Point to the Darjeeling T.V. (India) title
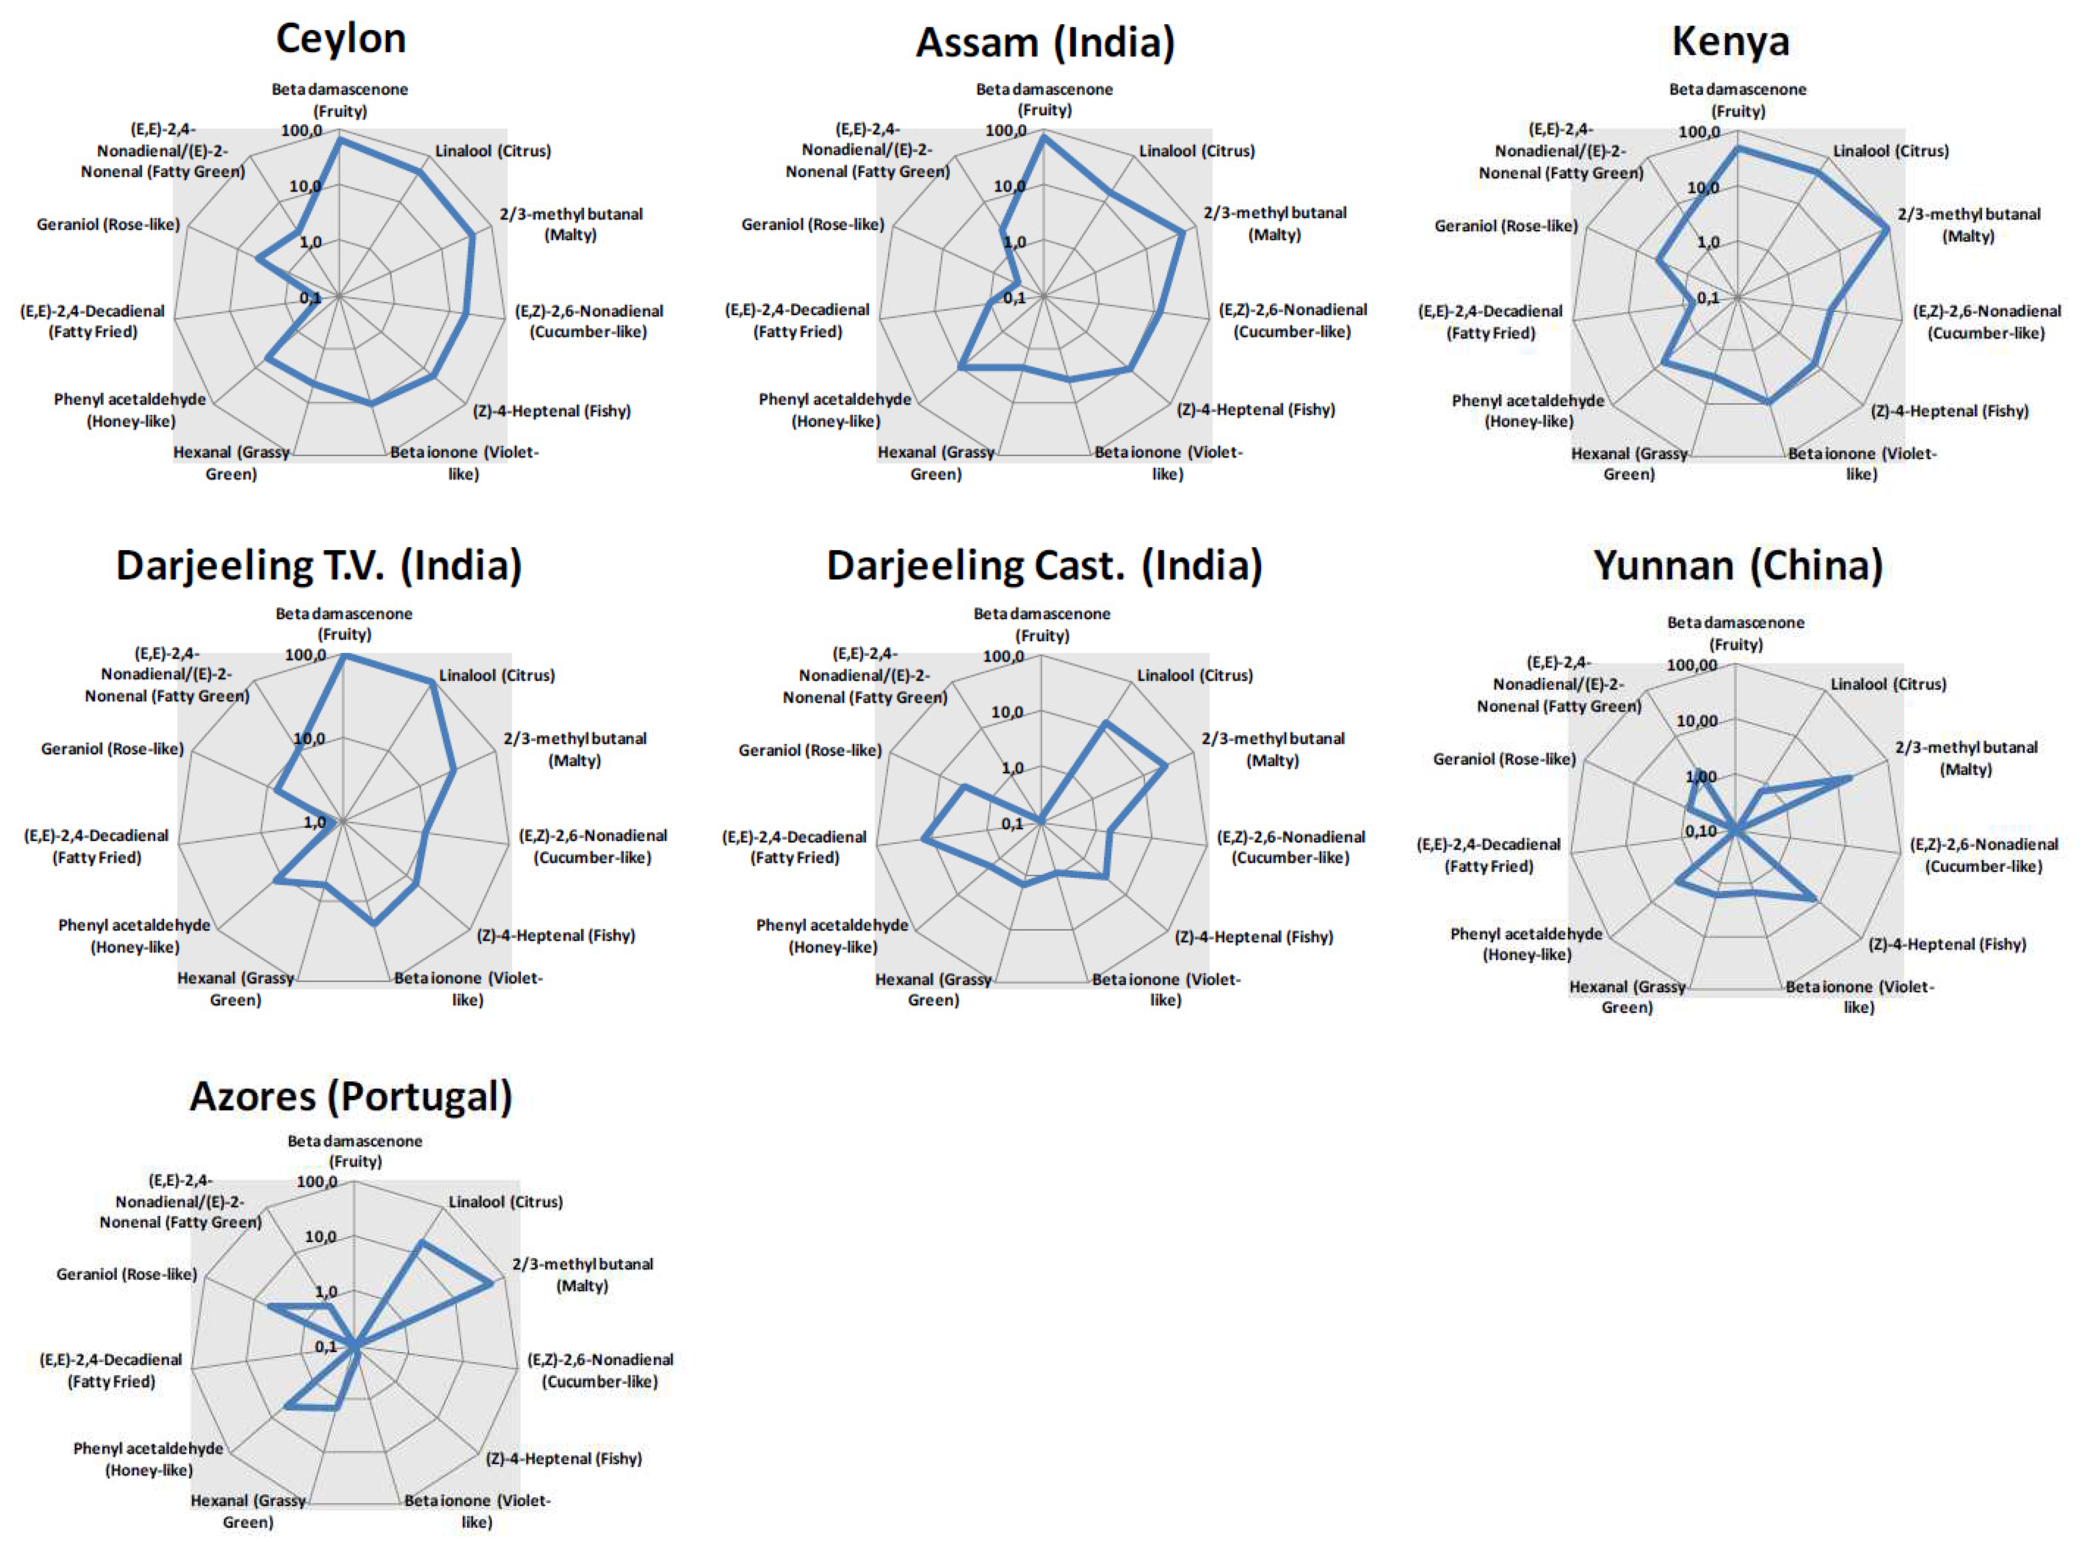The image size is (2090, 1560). coord(319,566)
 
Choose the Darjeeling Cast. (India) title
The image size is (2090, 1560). coord(1044,566)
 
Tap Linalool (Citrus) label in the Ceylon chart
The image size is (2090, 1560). coord(493,151)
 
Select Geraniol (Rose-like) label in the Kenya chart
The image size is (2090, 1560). coord(1506,226)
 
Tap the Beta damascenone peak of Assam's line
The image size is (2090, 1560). coord(1043,137)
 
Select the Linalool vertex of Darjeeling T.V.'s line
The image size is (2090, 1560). coord(432,686)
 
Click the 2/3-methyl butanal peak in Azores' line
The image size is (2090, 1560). coord(491,1282)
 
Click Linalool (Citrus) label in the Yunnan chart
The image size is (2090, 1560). coord(1888,684)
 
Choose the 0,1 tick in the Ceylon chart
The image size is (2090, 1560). coord(310,298)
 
